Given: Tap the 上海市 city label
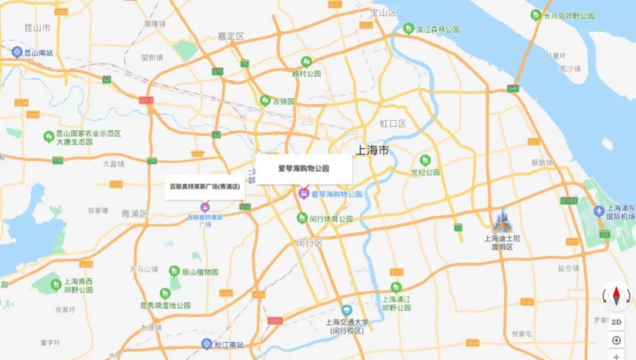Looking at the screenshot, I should [x=373, y=150].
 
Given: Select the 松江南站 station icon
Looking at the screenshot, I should [x=206, y=344].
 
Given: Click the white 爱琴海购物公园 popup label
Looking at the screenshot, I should [x=303, y=169].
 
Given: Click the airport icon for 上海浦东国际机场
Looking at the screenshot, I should [x=599, y=210].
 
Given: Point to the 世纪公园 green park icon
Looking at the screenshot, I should [x=425, y=160].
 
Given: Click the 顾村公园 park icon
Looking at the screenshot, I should [x=306, y=61].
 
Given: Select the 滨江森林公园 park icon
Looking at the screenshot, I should [x=408, y=28].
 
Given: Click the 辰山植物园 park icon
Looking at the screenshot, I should [x=174, y=272].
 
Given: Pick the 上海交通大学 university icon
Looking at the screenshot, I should [x=347, y=311].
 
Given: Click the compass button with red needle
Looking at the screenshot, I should [x=617, y=295].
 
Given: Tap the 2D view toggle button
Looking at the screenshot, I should [x=617, y=322].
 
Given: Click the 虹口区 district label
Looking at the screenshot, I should [x=393, y=124].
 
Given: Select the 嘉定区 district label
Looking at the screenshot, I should [x=231, y=36].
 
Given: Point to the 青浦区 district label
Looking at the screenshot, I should [x=135, y=213].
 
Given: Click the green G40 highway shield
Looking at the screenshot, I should [x=513, y=88].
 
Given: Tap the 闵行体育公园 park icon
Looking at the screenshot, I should [x=302, y=218].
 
